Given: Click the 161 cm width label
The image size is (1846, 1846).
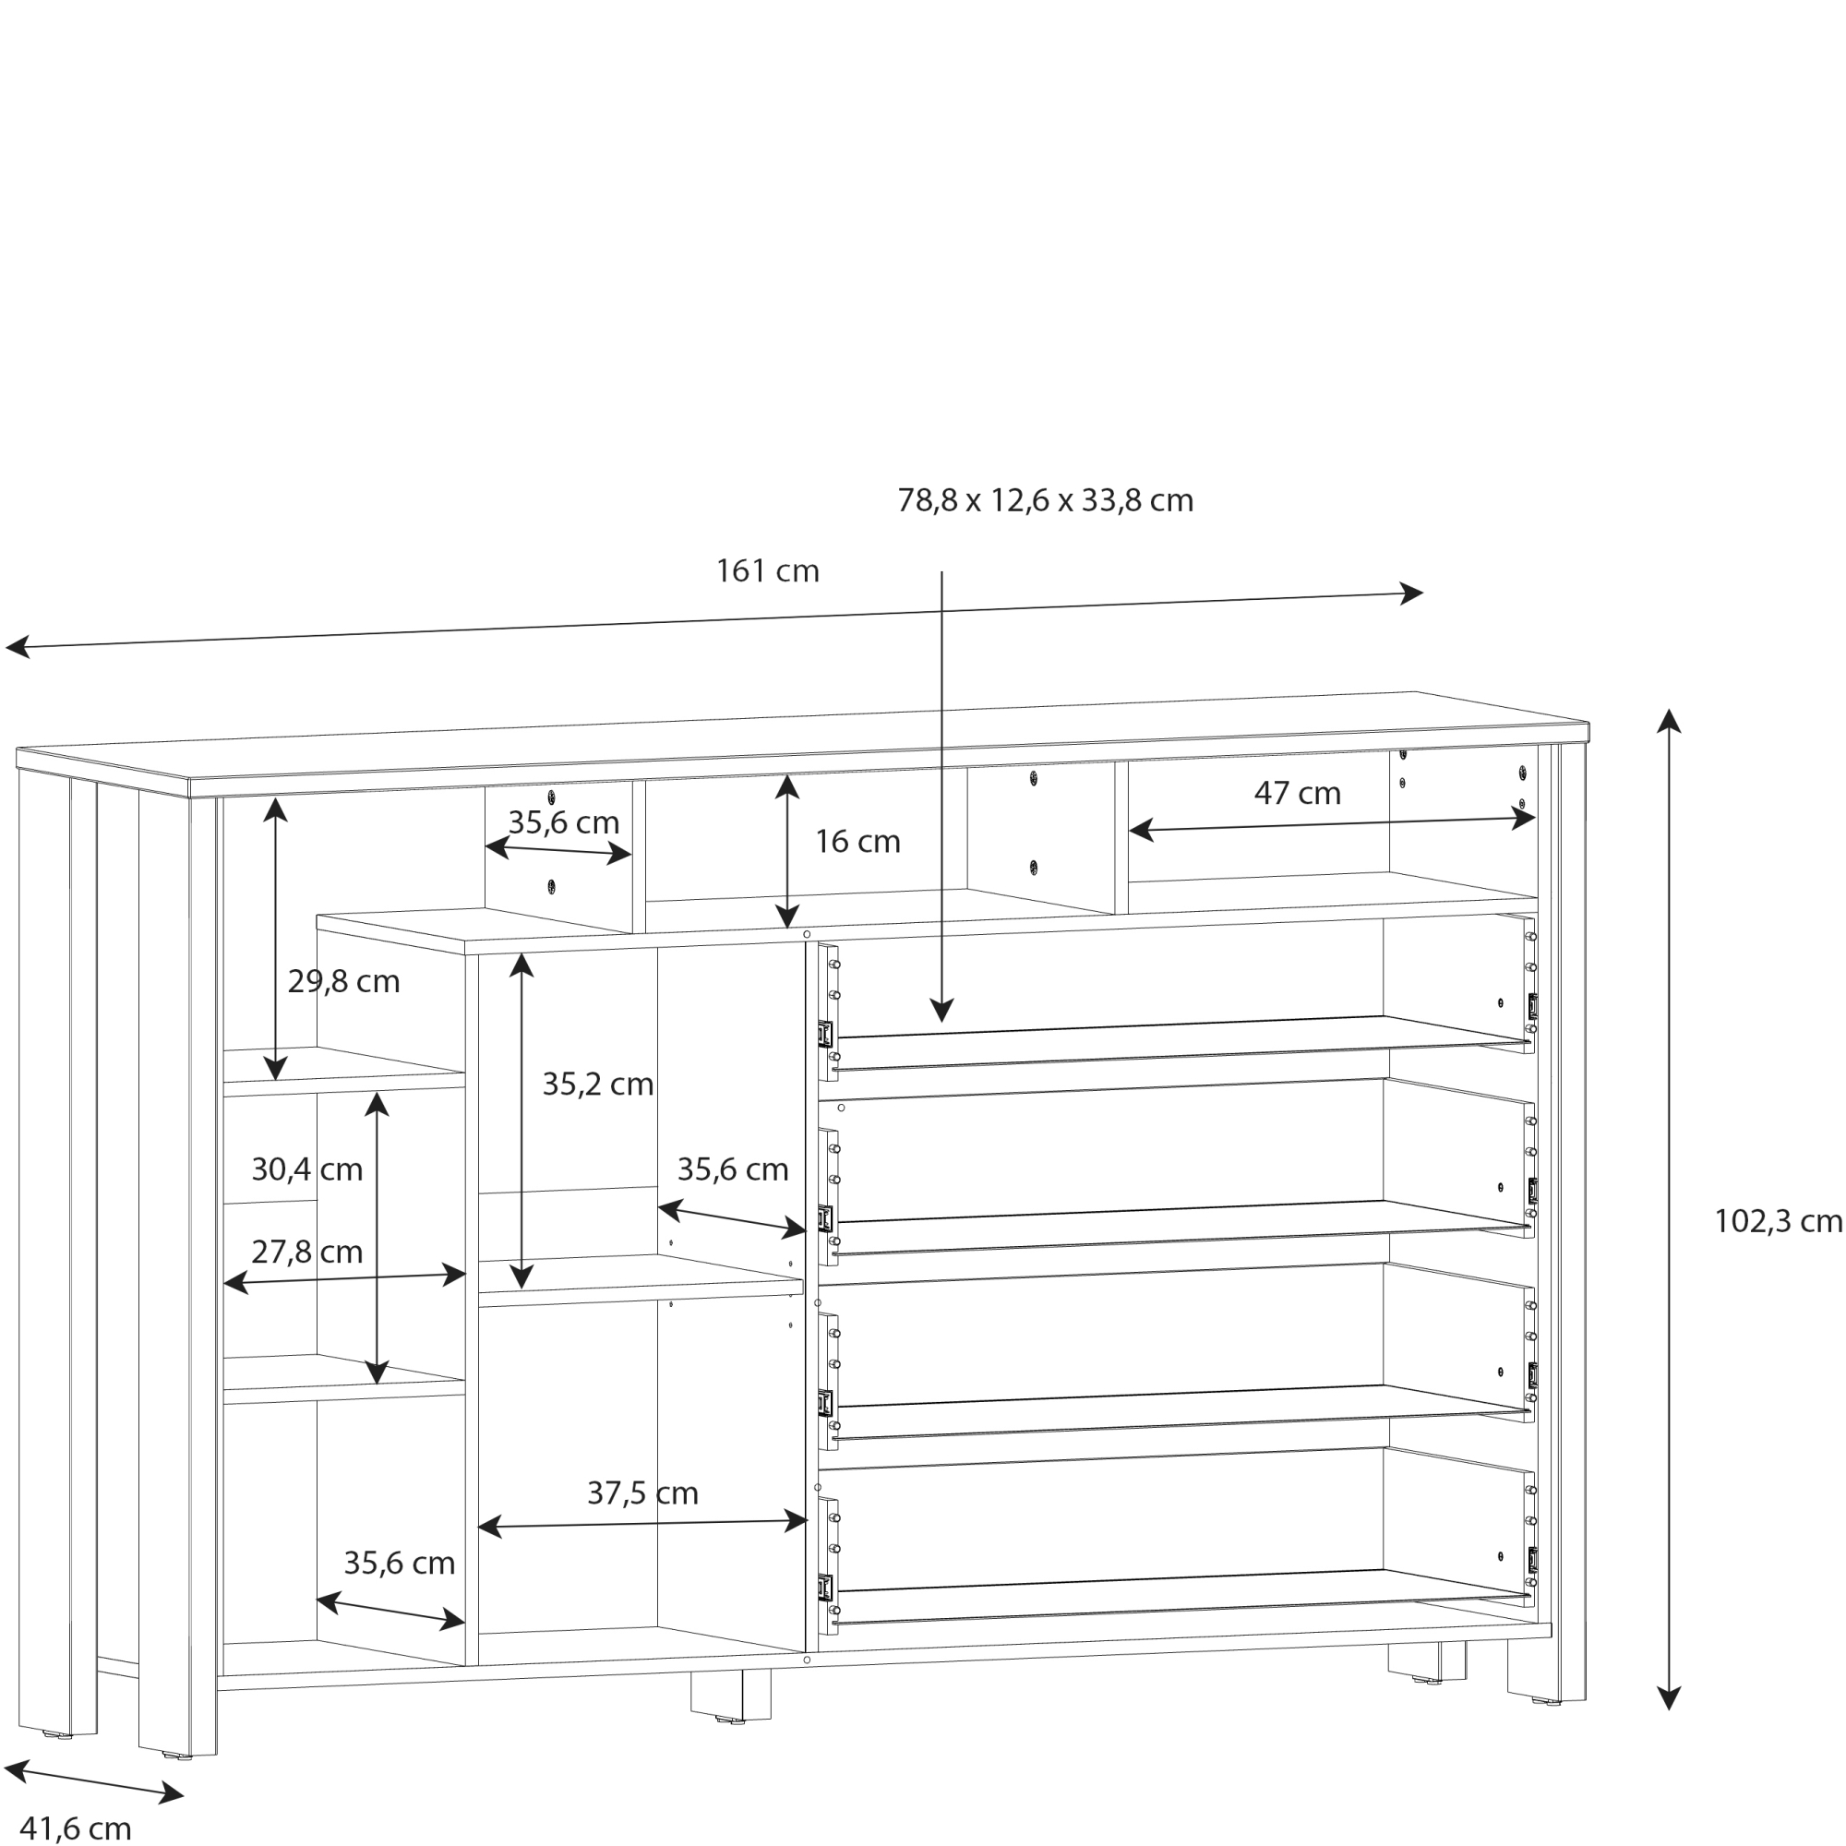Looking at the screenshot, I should pos(767,571).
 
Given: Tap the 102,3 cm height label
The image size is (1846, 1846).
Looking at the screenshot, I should pos(1777,1221).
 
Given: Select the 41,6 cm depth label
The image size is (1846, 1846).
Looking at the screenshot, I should pos(76,1828).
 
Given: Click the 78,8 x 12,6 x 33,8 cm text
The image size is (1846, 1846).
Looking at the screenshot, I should pos(1044,499).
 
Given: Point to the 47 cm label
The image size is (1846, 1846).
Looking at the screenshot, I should pos(1297,793).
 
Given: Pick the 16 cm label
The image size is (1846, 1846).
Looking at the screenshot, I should pos(857,842).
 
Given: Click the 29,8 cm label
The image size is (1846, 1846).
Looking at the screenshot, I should pos(343,981).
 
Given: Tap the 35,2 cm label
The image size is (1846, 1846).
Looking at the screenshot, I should pos(597,1084).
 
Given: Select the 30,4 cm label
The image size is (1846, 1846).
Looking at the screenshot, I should pos(306,1169).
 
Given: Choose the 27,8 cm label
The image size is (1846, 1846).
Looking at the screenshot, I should pos(306,1252).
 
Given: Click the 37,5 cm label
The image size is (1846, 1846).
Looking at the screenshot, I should pos(642,1492).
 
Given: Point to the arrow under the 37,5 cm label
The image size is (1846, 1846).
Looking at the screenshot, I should pos(642,1524).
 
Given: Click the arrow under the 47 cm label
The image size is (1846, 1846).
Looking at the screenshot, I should pos(1332,823).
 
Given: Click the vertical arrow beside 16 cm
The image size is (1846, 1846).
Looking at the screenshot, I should pos(786,850).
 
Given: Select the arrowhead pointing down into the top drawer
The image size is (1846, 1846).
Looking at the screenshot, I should pos(941,1010).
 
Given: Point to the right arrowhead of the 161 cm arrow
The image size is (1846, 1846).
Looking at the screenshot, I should pos(1411,593).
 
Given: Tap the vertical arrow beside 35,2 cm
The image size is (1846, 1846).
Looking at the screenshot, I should pos(521,1121).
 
